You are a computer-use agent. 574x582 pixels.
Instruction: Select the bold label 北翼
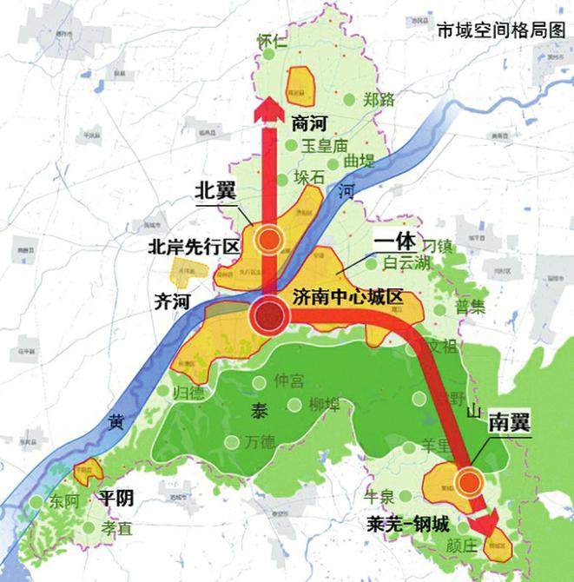click(214, 190)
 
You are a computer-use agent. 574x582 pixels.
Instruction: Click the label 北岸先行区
click(193, 246)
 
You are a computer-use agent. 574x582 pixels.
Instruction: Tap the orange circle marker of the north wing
click(272, 240)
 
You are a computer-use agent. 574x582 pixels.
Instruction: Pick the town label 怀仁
click(272, 41)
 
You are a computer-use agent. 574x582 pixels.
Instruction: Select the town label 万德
click(258, 441)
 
